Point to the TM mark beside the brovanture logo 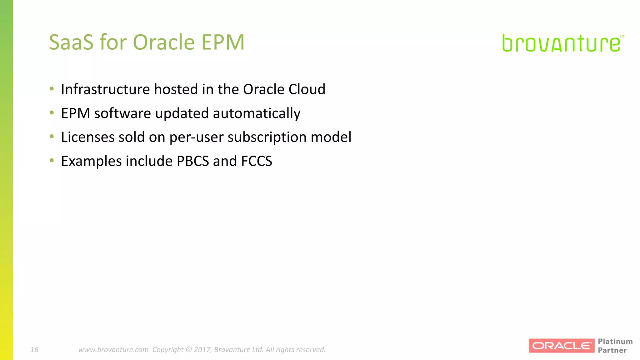tap(622, 37)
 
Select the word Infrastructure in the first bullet tap(105, 89)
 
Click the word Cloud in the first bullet tap(307, 89)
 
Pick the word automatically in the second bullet tap(257, 113)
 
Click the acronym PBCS tap(193, 161)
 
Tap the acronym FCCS tap(257, 161)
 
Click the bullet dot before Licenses tap(52, 136)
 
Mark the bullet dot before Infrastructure tap(52, 89)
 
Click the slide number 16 tap(34, 350)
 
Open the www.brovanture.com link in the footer tap(113, 350)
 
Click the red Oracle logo tap(561, 346)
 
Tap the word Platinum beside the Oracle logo tap(615, 342)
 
